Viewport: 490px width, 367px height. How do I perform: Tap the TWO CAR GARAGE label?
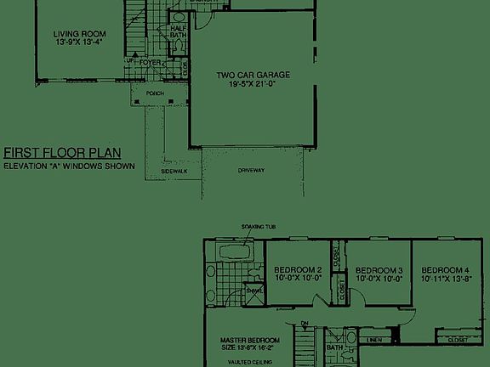[253, 75]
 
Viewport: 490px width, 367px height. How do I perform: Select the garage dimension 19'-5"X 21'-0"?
[253, 85]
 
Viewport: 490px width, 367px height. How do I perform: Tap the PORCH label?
[155, 93]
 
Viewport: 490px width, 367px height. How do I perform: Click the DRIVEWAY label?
[253, 171]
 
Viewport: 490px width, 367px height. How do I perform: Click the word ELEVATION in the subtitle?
[26, 166]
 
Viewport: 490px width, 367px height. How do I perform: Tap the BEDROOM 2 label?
[298, 268]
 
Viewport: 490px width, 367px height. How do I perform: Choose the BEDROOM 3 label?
[379, 268]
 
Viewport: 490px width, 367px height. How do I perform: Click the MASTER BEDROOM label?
[244, 337]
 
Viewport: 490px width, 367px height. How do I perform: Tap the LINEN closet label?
[373, 341]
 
